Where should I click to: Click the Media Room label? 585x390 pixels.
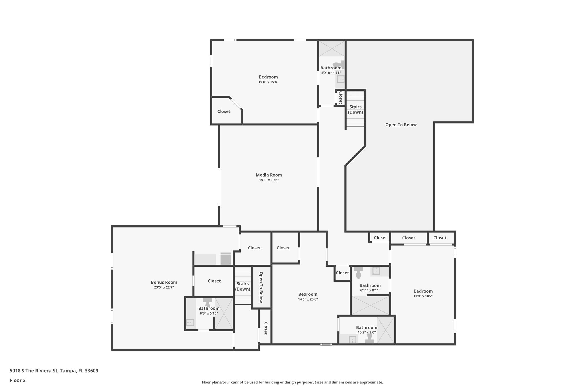tap(269, 175)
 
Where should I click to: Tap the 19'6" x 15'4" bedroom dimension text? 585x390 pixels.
tap(268, 82)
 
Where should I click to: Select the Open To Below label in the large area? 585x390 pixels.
tap(401, 125)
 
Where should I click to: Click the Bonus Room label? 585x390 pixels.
tap(164, 282)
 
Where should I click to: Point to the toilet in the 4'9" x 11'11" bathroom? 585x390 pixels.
tap(339, 64)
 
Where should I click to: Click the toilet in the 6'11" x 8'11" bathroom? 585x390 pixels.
tap(358, 273)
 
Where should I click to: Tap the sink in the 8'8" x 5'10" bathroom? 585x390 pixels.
tap(190, 323)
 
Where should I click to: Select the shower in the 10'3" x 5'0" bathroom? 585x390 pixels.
tap(386, 330)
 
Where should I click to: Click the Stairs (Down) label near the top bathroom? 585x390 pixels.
tap(355, 109)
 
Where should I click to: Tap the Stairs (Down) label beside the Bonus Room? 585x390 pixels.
tap(243, 286)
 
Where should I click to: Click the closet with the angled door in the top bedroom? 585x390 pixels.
tap(224, 111)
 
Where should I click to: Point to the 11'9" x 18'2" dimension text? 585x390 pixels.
tap(423, 296)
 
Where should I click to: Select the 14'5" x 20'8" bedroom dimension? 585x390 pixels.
tap(308, 299)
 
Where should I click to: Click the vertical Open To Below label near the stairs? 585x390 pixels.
tap(261, 287)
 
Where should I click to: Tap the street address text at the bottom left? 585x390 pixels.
tap(54, 371)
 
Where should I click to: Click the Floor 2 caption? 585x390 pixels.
tap(18, 380)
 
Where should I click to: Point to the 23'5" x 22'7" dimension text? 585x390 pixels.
tap(164, 287)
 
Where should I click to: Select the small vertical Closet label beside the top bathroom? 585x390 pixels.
tap(340, 98)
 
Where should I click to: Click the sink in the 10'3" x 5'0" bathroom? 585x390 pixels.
tap(352, 339)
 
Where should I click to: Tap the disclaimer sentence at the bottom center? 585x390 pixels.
tap(292, 382)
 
